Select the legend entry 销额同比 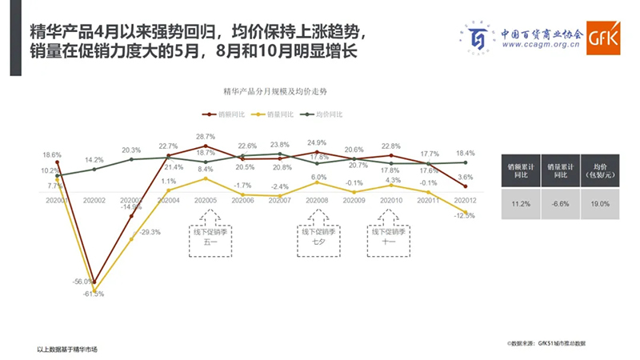pyautogui.click(x=225, y=115)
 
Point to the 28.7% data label pyautogui.click(x=206, y=137)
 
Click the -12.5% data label pyautogui.click(x=464, y=215)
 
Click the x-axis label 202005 pyautogui.click(x=206, y=201)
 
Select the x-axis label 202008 pyautogui.click(x=318, y=201)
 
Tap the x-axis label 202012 pyautogui.click(x=465, y=201)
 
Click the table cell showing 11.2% pyautogui.click(x=517, y=203)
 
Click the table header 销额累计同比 pyautogui.click(x=517, y=170)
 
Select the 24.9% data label pyautogui.click(x=318, y=143)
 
